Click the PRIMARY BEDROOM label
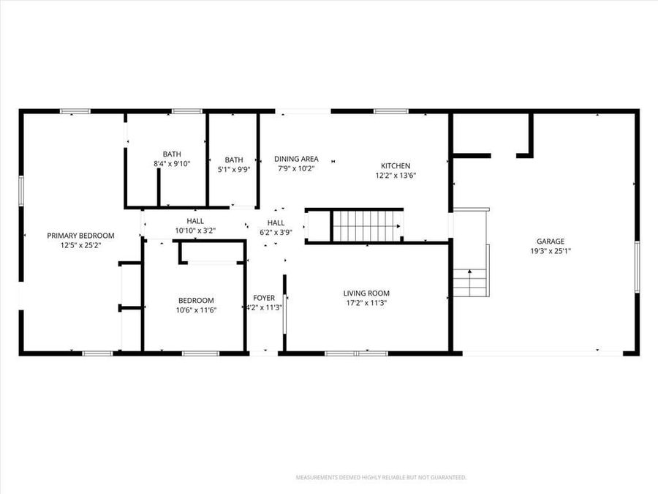pyautogui.click(x=81, y=235)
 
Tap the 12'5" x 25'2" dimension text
pyautogui.click(x=81, y=246)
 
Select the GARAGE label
pyautogui.click(x=551, y=241)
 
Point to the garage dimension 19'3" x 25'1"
pyautogui.click(x=551, y=251)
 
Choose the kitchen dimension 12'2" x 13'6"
pyautogui.click(x=396, y=176)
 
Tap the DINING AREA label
pyautogui.click(x=296, y=159)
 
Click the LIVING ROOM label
pyautogui.click(x=366, y=293)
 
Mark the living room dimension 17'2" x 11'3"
pyautogui.click(x=366, y=303)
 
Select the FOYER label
pyautogui.click(x=264, y=297)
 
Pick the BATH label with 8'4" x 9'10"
pyautogui.click(x=172, y=154)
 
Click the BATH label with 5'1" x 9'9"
pyautogui.click(x=234, y=160)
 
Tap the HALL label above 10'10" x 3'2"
pyautogui.click(x=195, y=220)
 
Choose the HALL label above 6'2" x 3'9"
pyautogui.click(x=276, y=222)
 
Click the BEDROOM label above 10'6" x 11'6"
pyautogui.click(x=196, y=300)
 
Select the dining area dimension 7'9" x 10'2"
pyautogui.click(x=296, y=169)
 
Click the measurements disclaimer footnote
pyautogui.click(x=380, y=477)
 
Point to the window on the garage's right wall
pyautogui.click(x=638, y=266)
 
